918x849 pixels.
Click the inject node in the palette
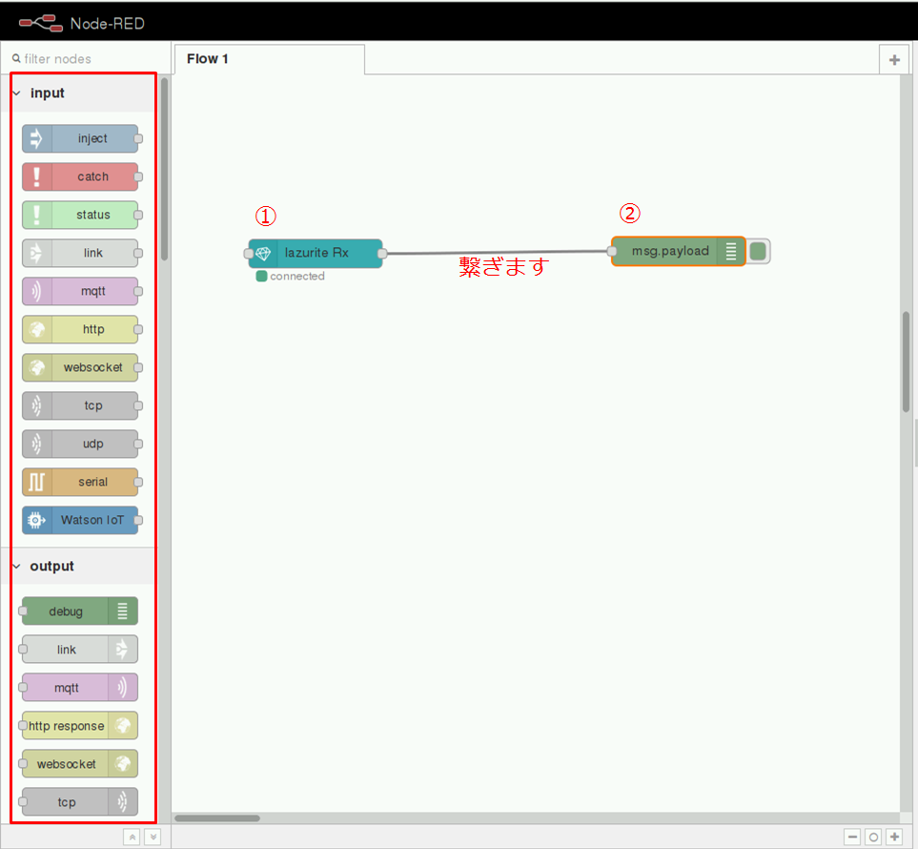point(80,138)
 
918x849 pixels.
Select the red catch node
point(80,176)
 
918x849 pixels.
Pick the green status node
point(80,215)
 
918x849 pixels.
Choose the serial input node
point(80,482)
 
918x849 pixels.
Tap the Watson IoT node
point(80,520)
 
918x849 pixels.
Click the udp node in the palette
point(80,444)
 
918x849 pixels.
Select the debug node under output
point(80,611)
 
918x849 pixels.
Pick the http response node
point(80,725)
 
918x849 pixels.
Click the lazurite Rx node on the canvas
point(316,253)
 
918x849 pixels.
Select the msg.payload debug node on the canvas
point(678,251)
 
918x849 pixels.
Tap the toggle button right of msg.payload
point(758,251)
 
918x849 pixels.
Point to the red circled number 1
point(266,217)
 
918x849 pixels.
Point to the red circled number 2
point(630,213)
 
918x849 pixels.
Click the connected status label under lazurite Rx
point(296,276)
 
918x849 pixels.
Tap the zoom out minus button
point(853,837)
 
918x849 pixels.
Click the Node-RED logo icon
point(41,24)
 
